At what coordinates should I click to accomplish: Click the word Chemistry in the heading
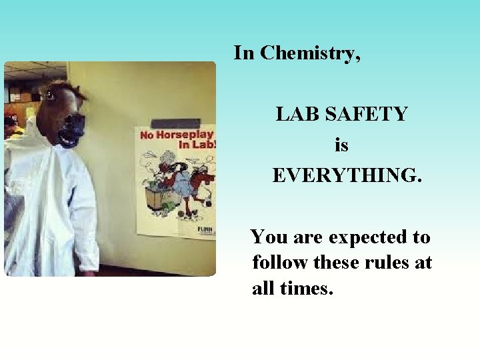click(x=310, y=53)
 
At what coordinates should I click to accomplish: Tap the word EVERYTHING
click(x=347, y=175)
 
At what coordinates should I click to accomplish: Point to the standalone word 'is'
click(x=341, y=145)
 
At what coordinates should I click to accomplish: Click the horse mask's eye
click(x=50, y=95)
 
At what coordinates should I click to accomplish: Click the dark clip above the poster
click(x=176, y=123)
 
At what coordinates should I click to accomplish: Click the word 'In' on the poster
click(x=185, y=145)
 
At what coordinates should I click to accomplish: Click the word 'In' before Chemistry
click(x=244, y=53)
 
